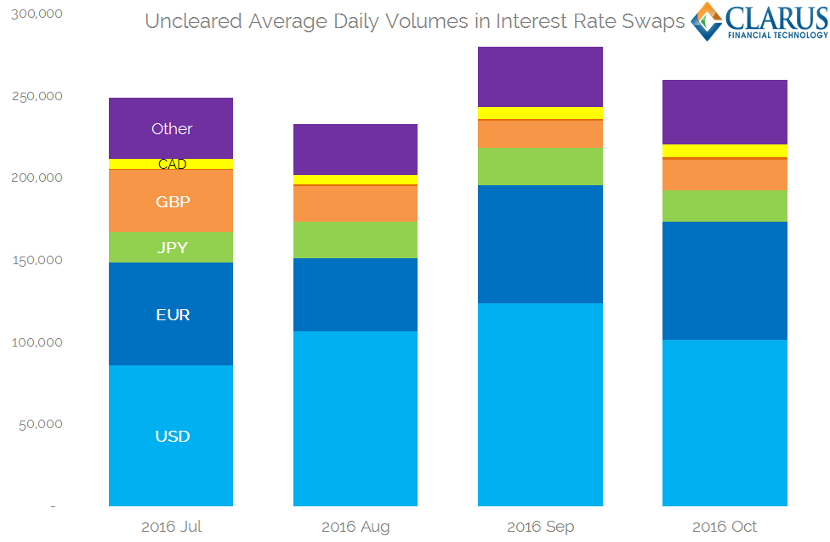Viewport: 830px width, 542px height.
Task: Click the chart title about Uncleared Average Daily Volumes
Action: [414, 21]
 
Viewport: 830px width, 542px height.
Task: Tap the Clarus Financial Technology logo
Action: [759, 21]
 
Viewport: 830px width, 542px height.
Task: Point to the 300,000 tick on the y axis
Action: [39, 14]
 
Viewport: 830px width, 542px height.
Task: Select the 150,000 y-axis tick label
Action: [39, 260]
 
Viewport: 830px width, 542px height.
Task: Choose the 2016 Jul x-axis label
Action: [171, 527]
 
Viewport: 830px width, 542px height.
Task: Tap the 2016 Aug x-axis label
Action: [355, 527]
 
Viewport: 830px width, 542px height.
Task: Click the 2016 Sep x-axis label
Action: [540, 527]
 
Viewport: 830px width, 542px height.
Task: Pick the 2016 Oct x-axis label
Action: [725, 527]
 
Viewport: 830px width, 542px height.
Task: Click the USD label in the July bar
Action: [172, 437]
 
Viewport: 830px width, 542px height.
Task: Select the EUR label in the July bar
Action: [173, 315]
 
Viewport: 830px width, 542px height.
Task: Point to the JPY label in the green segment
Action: [172, 248]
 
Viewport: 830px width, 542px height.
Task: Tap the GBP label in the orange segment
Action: [173, 202]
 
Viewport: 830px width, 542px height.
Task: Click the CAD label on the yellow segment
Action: [173, 165]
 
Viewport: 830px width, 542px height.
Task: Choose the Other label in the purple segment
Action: [172, 129]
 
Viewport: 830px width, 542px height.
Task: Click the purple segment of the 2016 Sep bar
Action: [540, 76]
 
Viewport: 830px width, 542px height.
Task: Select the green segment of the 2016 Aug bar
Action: [355, 240]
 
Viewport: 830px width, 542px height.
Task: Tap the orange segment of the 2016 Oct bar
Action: [725, 175]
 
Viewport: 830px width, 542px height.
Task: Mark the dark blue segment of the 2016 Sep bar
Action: [540, 244]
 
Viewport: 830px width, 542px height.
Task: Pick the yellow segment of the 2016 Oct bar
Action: [725, 150]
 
